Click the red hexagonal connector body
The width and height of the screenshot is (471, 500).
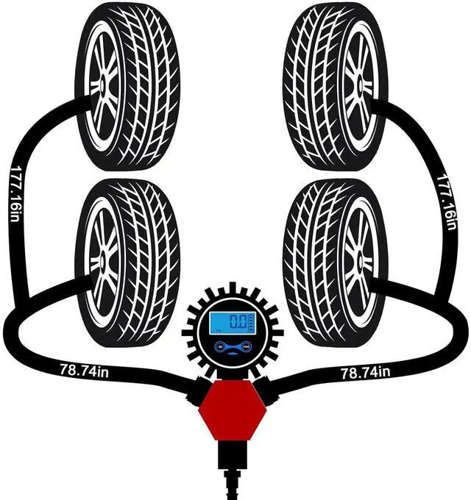tap(233, 410)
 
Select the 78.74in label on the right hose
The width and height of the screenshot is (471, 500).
tap(365, 373)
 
